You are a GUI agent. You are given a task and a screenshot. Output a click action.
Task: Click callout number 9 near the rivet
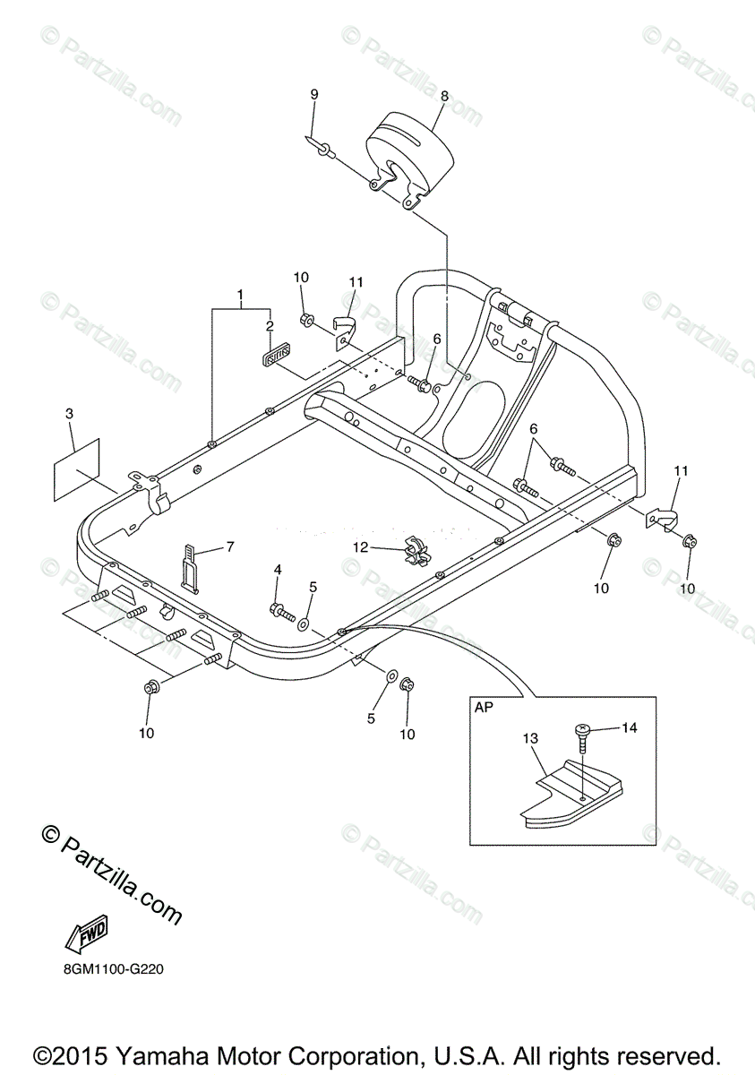314,94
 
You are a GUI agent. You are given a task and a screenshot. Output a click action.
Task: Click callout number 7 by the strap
230,546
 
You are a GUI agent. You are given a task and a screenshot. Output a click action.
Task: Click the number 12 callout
359,546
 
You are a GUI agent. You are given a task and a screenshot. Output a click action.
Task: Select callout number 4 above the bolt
278,569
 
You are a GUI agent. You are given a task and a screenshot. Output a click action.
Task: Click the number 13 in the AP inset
531,739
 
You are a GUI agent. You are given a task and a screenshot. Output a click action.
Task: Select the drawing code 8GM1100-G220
114,968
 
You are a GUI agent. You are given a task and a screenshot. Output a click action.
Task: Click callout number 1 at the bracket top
240,295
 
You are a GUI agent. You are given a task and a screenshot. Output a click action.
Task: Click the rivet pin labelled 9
321,147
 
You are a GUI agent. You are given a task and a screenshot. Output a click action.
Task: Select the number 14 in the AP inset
629,727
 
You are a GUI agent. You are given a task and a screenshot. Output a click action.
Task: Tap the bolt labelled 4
281,613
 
